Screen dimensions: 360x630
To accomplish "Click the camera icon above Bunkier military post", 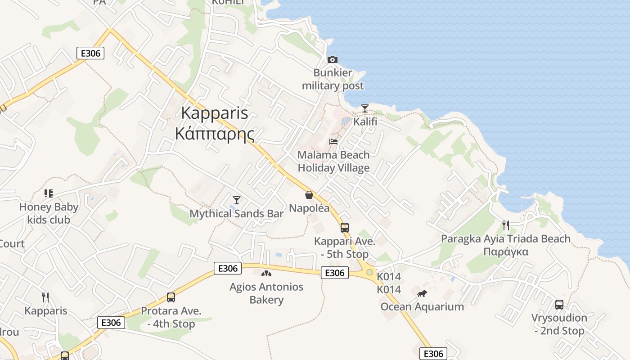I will coord(333,59).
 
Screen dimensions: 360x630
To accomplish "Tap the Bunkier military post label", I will coord(333,79).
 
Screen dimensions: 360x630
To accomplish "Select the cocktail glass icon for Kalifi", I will coord(365,108).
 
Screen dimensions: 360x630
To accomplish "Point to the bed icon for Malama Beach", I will coord(333,142).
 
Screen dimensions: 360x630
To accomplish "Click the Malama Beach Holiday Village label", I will coord(333,161).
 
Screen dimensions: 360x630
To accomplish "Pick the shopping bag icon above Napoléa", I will coord(309,195).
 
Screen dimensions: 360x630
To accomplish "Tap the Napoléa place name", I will coord(309,208).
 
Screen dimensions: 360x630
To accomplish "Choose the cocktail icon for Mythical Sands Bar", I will coord(237,200).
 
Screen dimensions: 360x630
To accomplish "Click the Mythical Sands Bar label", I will coord(237,213).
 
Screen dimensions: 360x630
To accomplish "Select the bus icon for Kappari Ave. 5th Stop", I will coord(344,228).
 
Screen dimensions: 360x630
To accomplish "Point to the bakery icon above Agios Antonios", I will coord(266,273).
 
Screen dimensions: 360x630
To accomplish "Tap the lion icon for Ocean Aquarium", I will coord(422,294).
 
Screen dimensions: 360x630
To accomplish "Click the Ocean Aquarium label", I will coord(422,307).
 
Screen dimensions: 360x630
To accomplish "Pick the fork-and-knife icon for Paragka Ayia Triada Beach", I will coord(506,225).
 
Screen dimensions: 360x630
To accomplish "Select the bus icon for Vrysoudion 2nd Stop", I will coord(559,305).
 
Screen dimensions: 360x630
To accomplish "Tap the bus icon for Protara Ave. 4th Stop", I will coord(171,297).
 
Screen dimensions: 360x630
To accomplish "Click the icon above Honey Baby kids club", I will coord(49,193).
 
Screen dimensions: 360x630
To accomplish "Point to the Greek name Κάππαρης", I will coord(215,134).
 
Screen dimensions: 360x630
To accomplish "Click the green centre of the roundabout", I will coord(369,272).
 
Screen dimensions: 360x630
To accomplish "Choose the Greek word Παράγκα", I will coord(506,252).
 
